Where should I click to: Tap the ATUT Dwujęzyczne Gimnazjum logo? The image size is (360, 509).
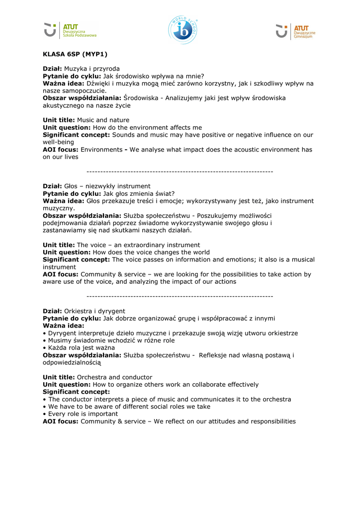coord(295,31)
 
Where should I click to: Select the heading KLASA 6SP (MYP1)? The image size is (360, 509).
coord(75,54)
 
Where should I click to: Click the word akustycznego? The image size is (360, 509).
coord(64,105)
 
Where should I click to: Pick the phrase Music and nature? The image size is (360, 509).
coord(103,120)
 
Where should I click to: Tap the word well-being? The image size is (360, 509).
coord(58,142)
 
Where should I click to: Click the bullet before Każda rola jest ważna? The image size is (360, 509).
coord(44,348)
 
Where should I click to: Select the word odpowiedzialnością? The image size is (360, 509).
coord(72,363)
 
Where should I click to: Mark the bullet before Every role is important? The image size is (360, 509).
coord(44,414)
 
